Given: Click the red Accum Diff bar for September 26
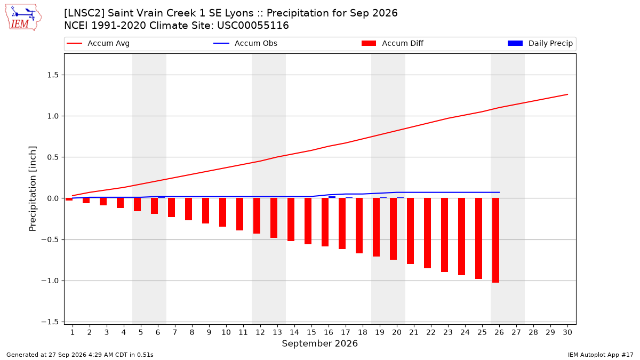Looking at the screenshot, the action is point(495,241).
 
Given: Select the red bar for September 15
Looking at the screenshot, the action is point(308,221).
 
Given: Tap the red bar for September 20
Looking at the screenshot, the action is point(394,229).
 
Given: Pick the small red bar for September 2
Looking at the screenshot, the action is point(86,201).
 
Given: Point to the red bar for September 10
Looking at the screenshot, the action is point(223,212).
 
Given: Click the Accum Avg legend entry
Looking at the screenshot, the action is point(98,43).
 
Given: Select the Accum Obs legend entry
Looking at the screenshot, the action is point(245,43).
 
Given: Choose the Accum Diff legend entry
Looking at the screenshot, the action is point(393,43).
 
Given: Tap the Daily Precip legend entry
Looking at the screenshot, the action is point(540,43).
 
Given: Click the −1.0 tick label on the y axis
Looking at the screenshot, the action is point(50,281).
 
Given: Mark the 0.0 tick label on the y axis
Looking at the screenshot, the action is point(53,198).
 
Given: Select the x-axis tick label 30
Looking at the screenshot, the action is point(567,332).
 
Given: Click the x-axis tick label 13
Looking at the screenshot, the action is point(277,332).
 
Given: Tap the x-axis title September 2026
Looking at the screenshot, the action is point(319,343).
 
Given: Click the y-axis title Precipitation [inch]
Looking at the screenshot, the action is point(33,189).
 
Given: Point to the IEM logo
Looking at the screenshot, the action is point(23,18).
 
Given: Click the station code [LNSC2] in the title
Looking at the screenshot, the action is point(84,13).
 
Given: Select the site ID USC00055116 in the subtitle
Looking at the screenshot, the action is point(253,26).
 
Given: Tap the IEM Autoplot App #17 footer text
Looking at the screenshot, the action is point(601,355).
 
